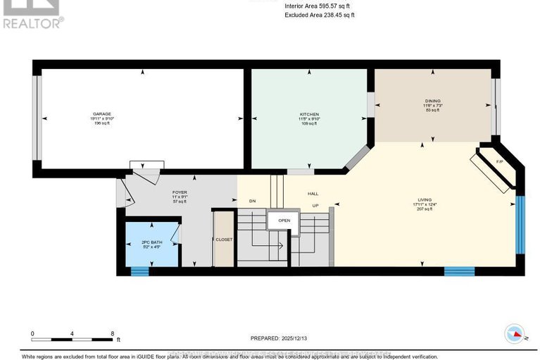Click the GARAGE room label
tap(103, 114)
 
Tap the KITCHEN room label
tap(310, 114)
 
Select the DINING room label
tap(432, 100)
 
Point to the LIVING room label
tap(422, 200)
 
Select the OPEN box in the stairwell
tap(284, 220)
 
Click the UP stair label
tap(317, 206)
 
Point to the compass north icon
tap(515, 334)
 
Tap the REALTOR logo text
tap(32, 23)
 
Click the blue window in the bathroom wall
tap(139, 270)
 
